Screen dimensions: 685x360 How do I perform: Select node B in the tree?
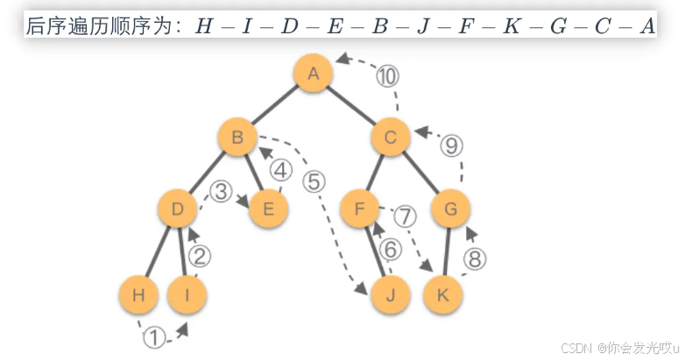click(237, 138)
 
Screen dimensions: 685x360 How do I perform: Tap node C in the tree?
click(391, 138)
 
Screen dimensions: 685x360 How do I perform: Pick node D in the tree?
click(178, 208)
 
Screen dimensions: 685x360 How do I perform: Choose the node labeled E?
click(269, 208)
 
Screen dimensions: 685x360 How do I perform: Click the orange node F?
click(358, 208)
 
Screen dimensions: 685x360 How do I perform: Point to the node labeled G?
click(451, 208)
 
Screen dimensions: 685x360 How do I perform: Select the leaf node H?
click(138, 294)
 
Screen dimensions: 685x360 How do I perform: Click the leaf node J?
click(391, 294)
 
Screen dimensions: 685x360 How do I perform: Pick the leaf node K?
click(443, 294)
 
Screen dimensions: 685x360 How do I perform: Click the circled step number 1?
click(154, 337)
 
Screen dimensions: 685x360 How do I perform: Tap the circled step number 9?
click(452, 145)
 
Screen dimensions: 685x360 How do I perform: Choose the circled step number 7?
click(404, 215)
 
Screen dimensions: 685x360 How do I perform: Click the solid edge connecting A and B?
click(275, 106)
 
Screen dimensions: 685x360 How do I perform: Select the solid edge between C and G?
click(421, 173)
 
